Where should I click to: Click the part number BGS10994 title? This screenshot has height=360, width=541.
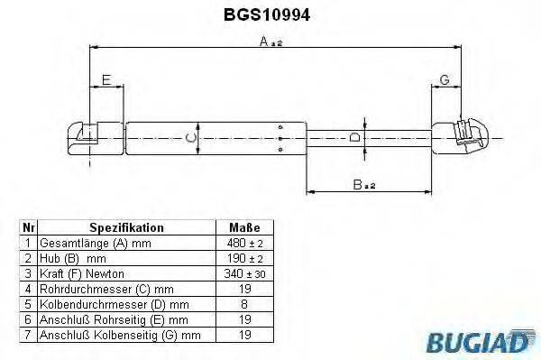coord(268,14)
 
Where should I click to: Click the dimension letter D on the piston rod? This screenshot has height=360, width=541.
coord(353,137)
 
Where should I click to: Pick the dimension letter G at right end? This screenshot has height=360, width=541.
coord(445,81)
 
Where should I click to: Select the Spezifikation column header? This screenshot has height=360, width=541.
coord(126,228)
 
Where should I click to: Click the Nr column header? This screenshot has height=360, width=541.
coord(28,228)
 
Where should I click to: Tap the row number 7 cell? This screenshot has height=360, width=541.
coord(28,335)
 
